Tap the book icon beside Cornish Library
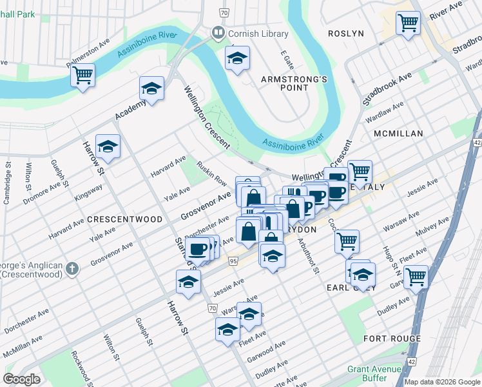pos(218,32)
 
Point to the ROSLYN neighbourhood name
pos(346,34)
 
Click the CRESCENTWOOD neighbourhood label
pos(125,219)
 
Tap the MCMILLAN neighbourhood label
pos(398,134)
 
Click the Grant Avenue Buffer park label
pos(375,373)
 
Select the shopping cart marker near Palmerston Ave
pos(82,75)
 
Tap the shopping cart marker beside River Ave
pos(409,23)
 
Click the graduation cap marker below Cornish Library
pos(237,58)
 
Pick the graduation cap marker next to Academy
pos(151,89)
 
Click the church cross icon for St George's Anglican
pos(73,269)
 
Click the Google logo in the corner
pos(23,379)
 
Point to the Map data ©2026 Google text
pos(441,382)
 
